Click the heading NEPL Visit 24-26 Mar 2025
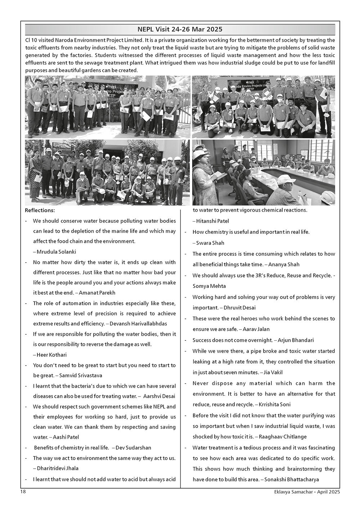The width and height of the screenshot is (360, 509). tap(180, 29)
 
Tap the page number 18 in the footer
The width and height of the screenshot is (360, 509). tap(22, 491)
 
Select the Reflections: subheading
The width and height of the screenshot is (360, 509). tap(40, 210)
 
